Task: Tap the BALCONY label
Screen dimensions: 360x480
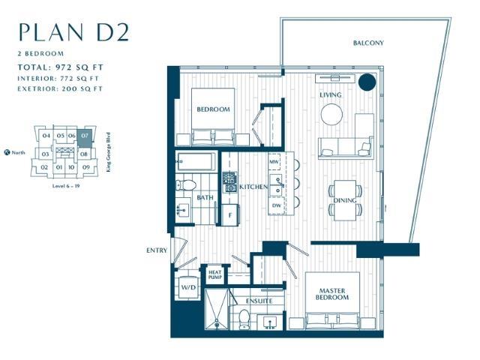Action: pyautogui.click(x=368, y=43)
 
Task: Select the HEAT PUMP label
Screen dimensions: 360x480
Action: pyautogui.click(x=214, y=275)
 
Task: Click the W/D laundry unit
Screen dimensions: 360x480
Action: pyautogui.click(x=186, y=286)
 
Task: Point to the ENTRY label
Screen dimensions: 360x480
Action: pyautogui.click(x=157, y=251)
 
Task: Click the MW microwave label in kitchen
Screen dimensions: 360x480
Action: pyautogui.click(x=274, y=162)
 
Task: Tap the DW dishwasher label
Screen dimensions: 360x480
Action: pyautogui.click(x=277, y=205)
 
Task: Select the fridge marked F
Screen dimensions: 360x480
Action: pyautogui.click(x=229, y=214)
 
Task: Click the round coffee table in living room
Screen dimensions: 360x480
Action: pyautogui.click(x=332, y=114)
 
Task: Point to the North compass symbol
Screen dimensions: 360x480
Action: pyautogui.click(x=7, y=152)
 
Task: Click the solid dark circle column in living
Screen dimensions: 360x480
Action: pyautogui.click(x=367, y=83)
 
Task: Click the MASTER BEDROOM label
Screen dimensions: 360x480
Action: pyautogui.click(x=332, y=292)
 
